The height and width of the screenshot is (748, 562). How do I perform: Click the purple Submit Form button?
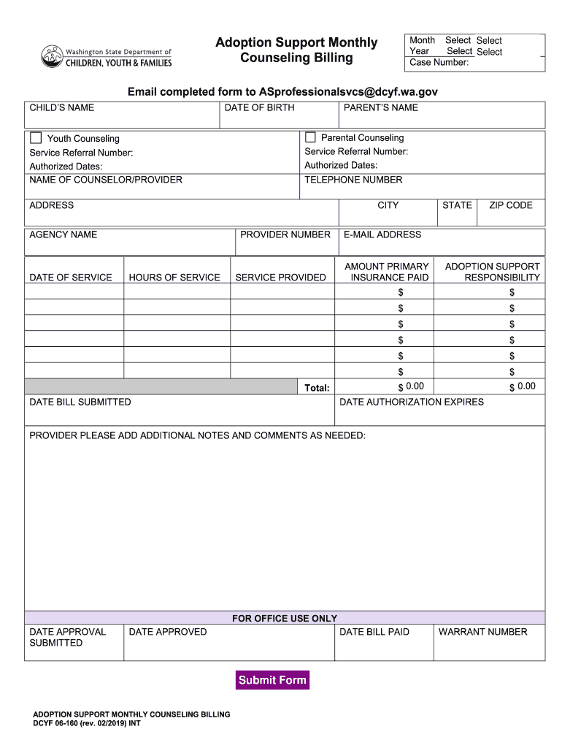point(272,680)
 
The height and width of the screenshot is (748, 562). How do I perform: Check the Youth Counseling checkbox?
point(36,138)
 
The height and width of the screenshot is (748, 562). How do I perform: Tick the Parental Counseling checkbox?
point(310,137)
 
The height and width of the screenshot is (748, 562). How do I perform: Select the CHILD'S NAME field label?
point(61,108)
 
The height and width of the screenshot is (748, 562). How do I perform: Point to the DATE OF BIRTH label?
point(259,108)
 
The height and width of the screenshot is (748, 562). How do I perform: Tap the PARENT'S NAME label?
point(380,108)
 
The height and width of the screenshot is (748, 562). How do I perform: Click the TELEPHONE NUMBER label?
point(353,180)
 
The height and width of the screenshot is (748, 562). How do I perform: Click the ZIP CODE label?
point(510,205)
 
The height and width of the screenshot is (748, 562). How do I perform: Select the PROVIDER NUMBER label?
point(285,234)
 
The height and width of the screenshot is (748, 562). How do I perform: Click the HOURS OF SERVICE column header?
point(174,278)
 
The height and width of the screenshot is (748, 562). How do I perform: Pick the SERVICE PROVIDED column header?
point(280,278)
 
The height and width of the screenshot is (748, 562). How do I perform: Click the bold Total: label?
point(317,388)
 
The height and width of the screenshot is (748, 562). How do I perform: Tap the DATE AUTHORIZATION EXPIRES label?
point(412,402)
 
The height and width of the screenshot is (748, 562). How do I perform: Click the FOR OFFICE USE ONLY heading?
point(285,618)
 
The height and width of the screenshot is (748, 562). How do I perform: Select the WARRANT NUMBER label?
point(482,632)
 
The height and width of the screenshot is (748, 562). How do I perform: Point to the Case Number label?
point(439,62)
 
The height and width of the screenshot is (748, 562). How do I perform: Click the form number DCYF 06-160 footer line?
point(87,723)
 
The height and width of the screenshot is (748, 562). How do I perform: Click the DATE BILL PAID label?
point(374,632)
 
